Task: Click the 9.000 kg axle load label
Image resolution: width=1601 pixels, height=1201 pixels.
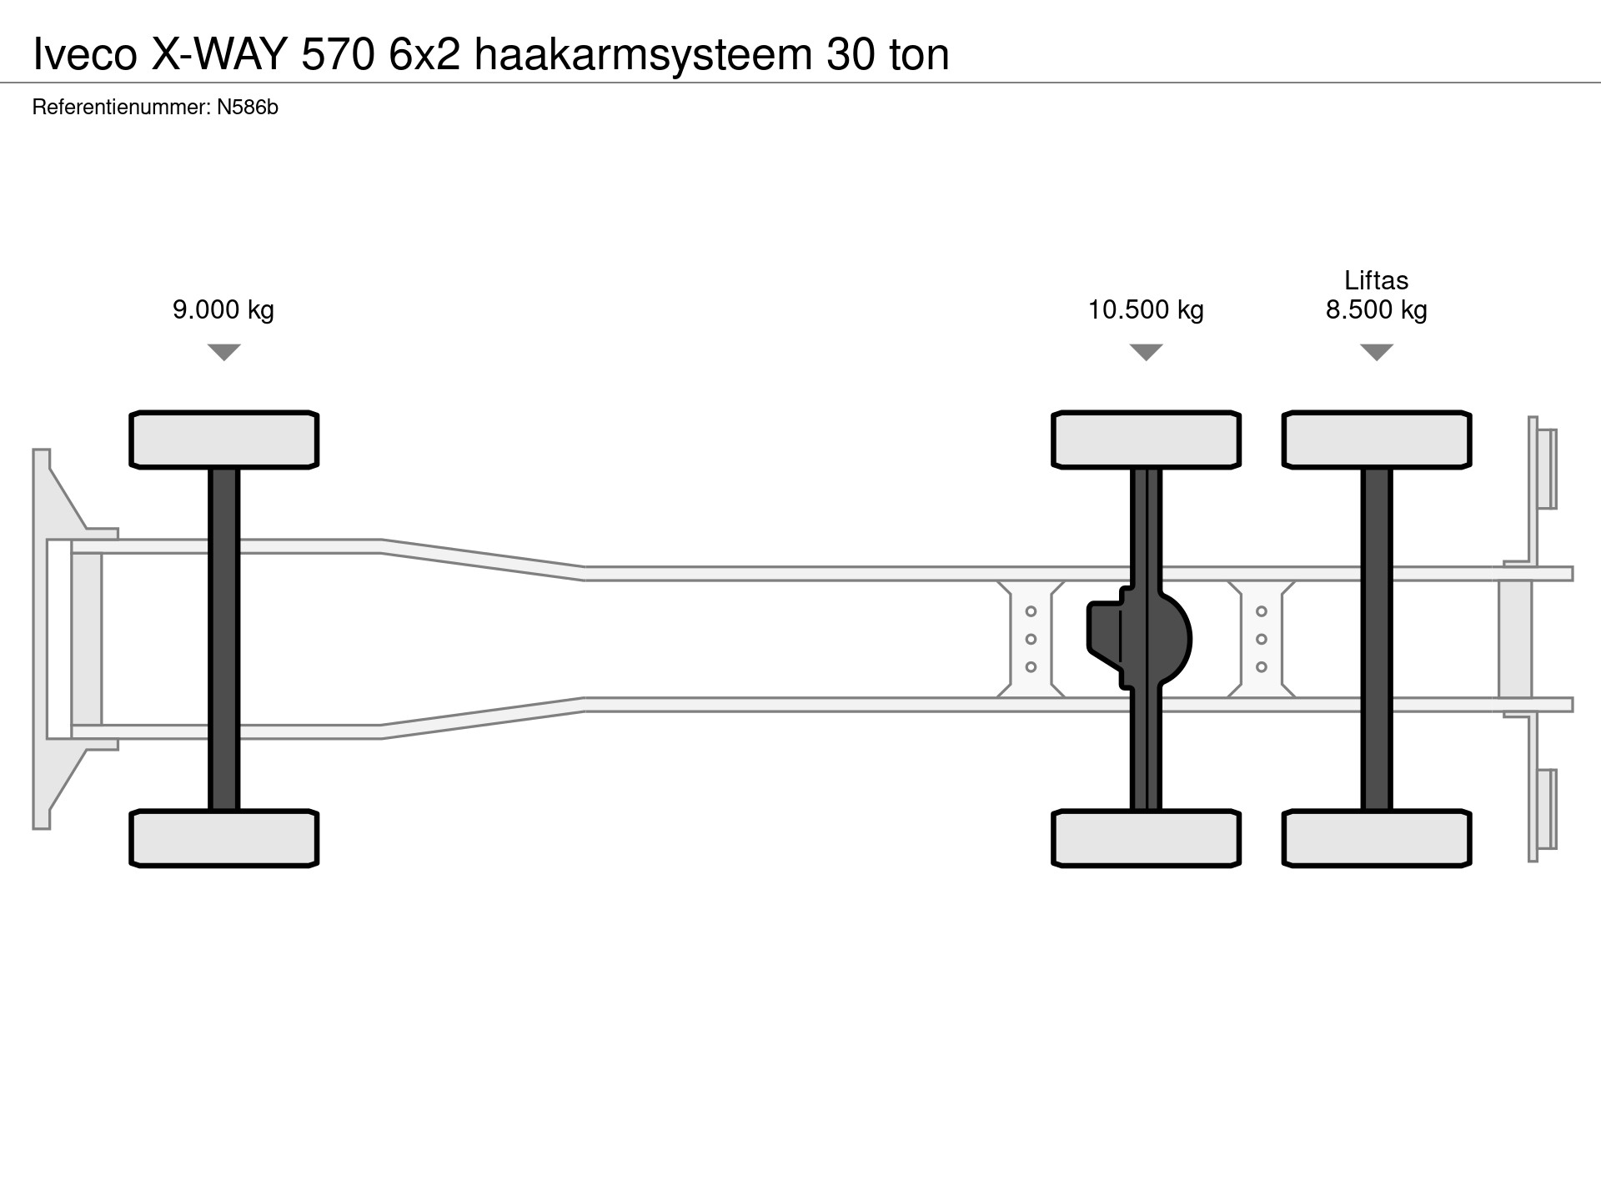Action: pos(223,310)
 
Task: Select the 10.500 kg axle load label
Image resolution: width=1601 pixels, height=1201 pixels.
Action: pos(1146,310)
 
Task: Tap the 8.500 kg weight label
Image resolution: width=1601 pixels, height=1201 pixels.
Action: pos(1376,310)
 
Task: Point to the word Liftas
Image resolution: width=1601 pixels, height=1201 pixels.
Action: pos(1376,280)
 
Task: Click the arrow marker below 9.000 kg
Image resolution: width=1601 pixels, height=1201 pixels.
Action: pos(223,352)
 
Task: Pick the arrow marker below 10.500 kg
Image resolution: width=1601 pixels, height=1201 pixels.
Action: pos(1146,352)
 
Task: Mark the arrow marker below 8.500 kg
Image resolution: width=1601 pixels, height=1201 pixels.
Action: pos(1376,352)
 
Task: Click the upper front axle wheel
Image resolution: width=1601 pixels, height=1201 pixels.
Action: pos(223,440)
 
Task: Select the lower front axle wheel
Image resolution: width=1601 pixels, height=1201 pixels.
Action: pos(223,838)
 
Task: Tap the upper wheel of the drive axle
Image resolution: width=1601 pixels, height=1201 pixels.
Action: pos(1146,440)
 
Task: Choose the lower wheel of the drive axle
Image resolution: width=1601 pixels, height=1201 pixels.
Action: pos(1146,838)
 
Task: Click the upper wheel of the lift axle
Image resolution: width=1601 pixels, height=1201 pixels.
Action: pos(1376,440)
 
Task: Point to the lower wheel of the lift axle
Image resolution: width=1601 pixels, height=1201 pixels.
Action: pos(1376,838)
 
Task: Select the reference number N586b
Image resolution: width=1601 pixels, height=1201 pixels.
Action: pos(247,108)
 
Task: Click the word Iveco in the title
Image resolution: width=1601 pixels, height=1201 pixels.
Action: pos(85,56)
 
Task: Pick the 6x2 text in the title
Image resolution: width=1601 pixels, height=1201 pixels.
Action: pos(424,56)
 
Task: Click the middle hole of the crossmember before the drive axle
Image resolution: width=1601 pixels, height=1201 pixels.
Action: pos(1031,639)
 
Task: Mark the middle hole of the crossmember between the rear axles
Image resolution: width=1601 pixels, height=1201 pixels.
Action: pos(1261,639)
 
